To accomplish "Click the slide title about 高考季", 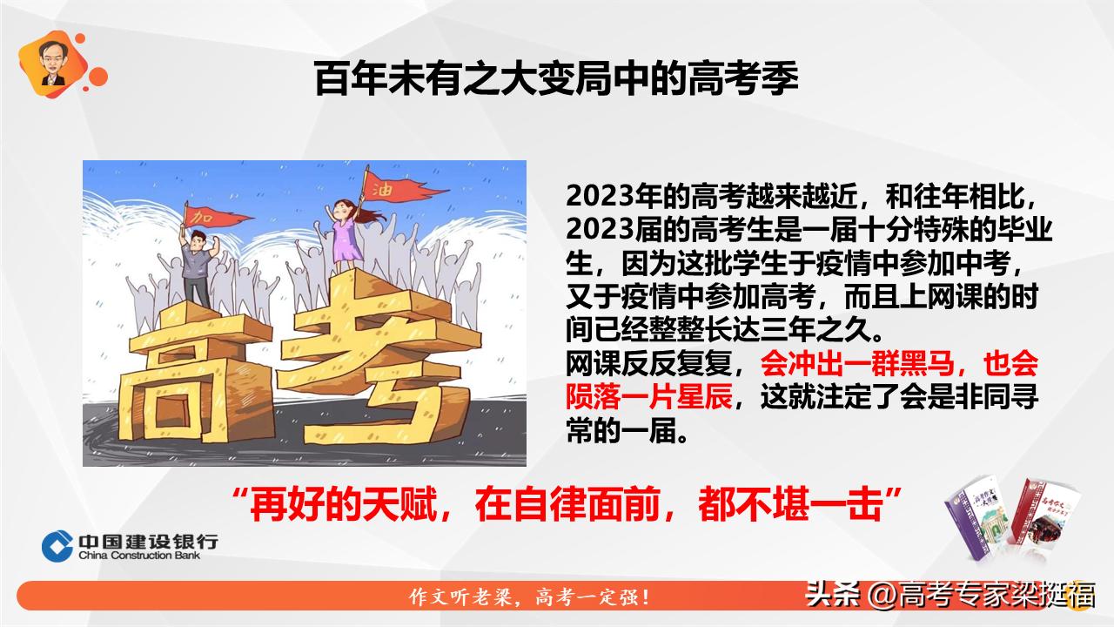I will pyautogui.click(x=556, y=78).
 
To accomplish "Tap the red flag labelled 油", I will pyautogui.click(x=387, y=186).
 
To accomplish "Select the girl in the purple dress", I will pyautogui.click(x=346, y=235).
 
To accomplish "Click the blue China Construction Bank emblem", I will pyautogui.click(x=57, y=545).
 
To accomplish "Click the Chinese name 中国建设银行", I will pyautogui.click(x=148, y=540).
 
